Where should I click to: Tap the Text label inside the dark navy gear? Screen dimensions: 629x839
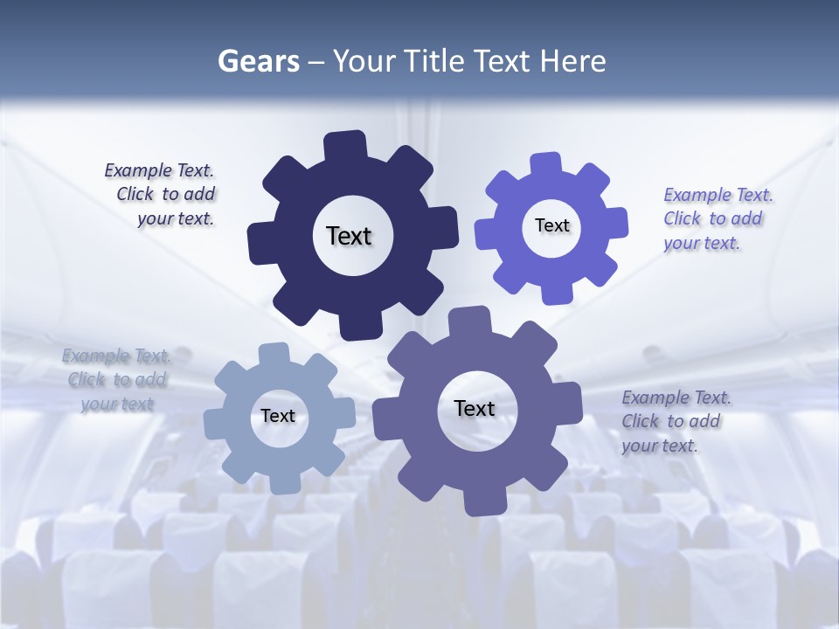tap(349, 236)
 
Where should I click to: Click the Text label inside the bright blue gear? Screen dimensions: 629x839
tap(551, 225)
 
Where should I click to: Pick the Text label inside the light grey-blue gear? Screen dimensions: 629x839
tap(278, 416)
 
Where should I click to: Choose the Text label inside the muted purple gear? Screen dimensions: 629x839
tap(475, 408)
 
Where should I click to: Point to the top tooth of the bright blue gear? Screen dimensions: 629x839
tap(547, 165)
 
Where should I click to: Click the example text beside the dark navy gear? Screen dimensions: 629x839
tap(161, 195)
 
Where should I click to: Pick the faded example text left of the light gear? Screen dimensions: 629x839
tap(116, 380)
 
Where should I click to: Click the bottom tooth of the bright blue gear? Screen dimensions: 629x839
tap(556, 292)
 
